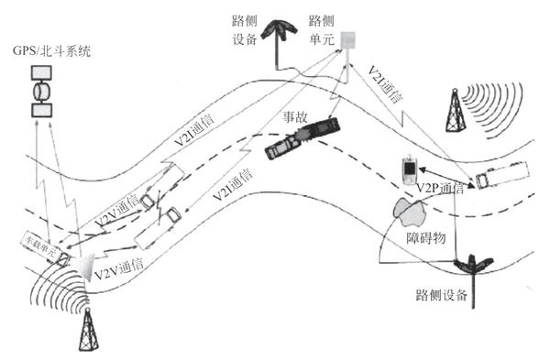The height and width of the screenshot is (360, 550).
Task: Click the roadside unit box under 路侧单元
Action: [x=348, y=42]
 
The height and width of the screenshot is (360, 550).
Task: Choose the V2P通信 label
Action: [x=439, y=189]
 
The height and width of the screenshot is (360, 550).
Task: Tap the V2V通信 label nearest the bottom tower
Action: [x=120, y=266]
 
